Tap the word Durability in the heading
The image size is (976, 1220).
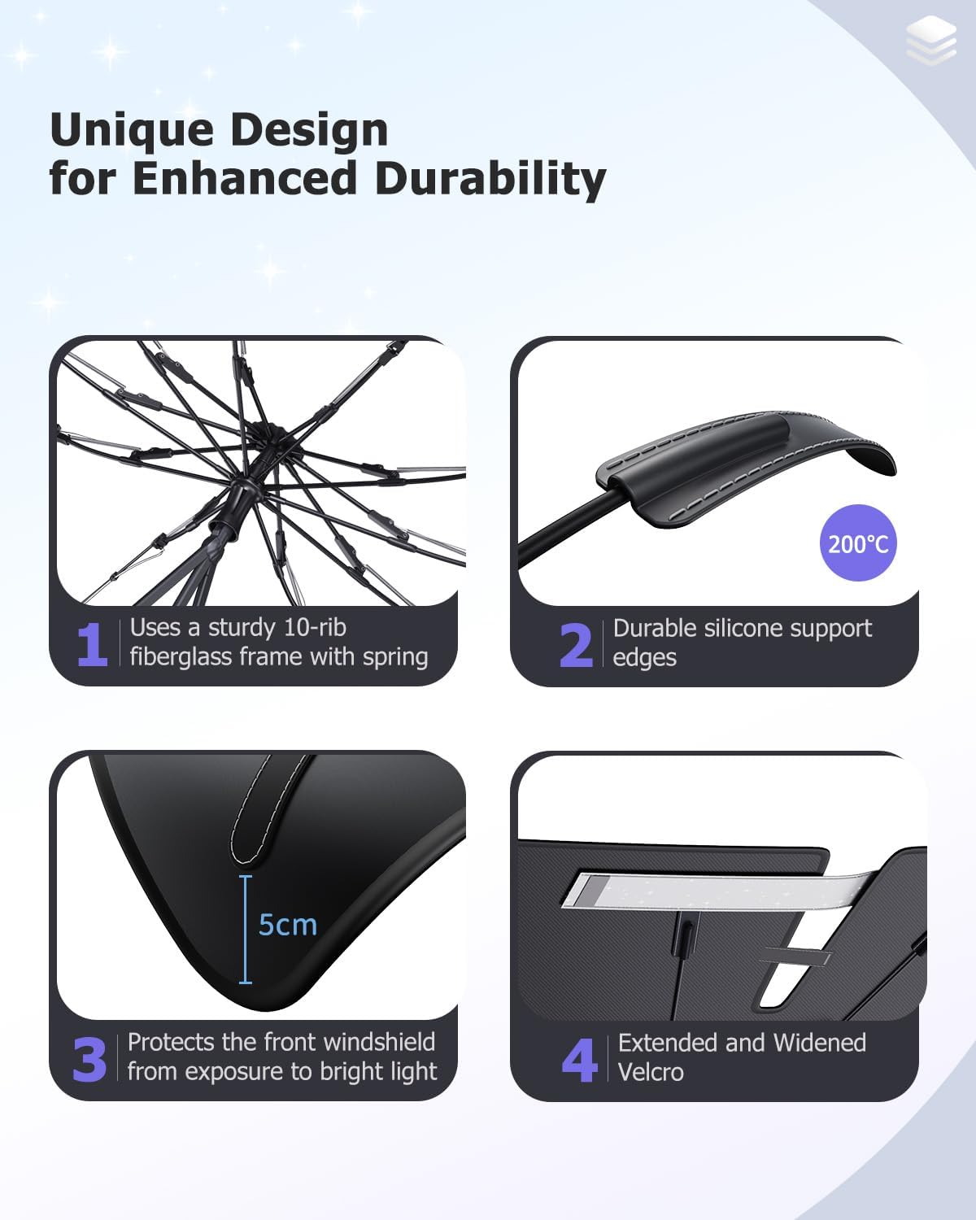click(x=490, y=179)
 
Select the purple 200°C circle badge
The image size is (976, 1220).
click(x=858, y=542)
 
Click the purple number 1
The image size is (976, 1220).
click(x=92, y=645)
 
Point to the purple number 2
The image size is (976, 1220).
click(x=576, y=646)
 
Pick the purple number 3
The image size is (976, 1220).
click(x=89, y=1060)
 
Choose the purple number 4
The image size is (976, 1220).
click(x=579, y=1061)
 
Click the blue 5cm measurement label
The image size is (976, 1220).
click(x=288, y=925)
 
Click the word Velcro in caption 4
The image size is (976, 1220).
click(x=651, y=1072)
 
